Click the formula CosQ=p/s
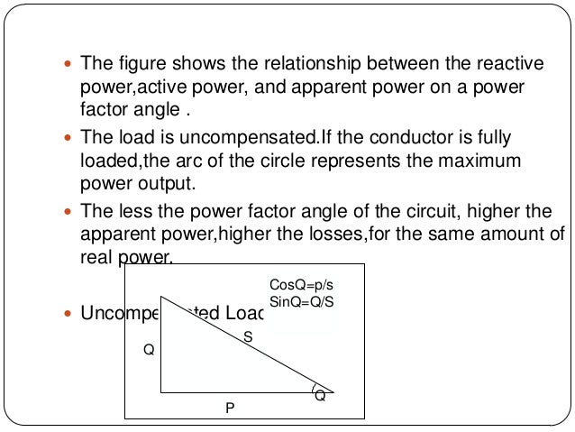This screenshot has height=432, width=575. pos(302,284)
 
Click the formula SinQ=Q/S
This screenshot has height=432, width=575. pos(302,299)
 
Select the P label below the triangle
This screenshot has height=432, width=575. pos(230,409)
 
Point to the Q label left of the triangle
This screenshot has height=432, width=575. pos(149,350)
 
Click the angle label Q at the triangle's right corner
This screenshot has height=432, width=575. pos(320,396)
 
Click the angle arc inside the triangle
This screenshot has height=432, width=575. pos(313,391)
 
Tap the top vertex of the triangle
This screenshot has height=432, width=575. pos(161,296)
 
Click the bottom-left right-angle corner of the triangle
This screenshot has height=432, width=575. pos(161,392)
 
